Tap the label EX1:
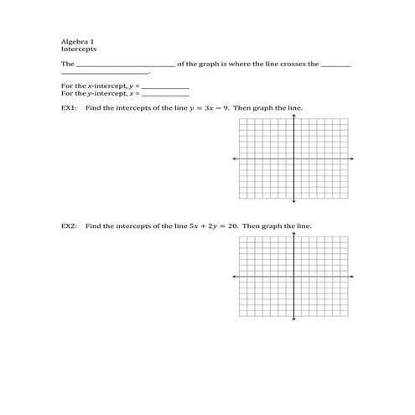tap(70, 108)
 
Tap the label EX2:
tap(70, 226)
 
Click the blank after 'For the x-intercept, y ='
tap(166, 86)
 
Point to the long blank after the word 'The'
tap(126, 65)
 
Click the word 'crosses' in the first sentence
tap(282, 64)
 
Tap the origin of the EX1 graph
tap(293, 158)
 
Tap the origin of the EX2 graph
tap(293, 276)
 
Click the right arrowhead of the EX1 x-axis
tap(352, 158)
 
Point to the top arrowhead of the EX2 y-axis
tap(293, 232)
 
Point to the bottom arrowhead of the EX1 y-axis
tap(293, 201)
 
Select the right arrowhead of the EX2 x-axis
tap(352, 276)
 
